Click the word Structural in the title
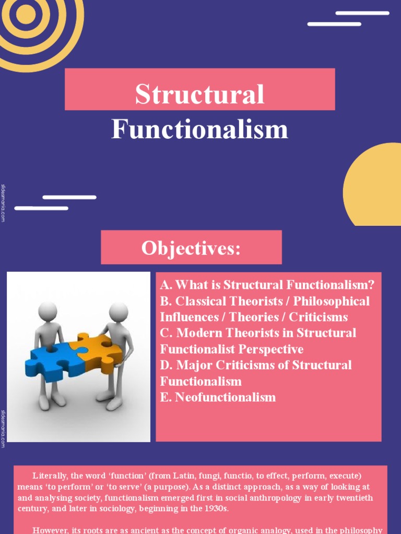199,94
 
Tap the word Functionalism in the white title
199,129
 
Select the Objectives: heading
191,248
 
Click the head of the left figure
48,311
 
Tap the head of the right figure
118,312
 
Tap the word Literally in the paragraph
50,476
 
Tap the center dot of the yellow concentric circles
25,14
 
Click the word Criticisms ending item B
319,317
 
